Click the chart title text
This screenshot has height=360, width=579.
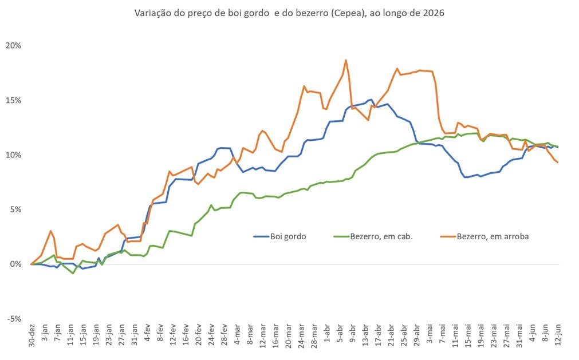pos(289,13)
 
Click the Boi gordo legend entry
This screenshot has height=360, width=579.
pos(280,236)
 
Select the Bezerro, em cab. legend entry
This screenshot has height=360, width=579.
pos(373,236)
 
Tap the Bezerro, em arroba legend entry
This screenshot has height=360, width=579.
pos(485,236)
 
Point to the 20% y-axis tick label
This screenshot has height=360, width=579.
pos(13,46)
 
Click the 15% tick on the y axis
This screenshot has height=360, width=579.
pos(13,100)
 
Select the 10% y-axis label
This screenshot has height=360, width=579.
pos(13,155)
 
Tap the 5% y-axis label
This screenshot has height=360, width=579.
pos(15,209)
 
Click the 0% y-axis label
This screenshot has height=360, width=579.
pos(15,264)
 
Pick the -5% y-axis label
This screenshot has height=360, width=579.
pos(14,319)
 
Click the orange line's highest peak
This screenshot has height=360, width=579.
pos(346,60)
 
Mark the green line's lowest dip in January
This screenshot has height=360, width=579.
pos(73,274)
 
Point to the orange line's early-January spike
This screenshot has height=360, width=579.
pos(50,231)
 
